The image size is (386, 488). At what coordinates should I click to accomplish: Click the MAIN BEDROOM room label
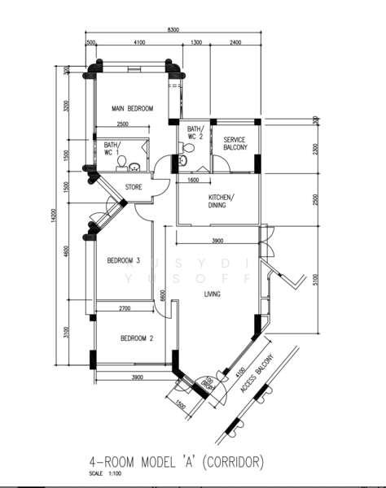pyautogui.click(x=132, y=108)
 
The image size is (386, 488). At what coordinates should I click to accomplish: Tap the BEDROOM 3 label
pyautogui.click(x=125, y=261)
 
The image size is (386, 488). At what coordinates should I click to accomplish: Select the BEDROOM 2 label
pyautogui.click(x=137, y=338)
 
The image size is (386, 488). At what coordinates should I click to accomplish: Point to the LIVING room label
pyautogui.click(x=213, y=295)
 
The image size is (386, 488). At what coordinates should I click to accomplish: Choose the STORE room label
pyautogui.click(x=134, y=187)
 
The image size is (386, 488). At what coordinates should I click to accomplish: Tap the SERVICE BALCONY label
pyautogui.click(x=235, y=144)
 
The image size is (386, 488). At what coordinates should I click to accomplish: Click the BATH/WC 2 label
pyautogui.click(x=195, y=133)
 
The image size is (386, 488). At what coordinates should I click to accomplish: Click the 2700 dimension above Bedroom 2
pyautogui.click(x=125, y=308)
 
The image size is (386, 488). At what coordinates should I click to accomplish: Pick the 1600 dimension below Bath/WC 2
pyautogui.click(x=193, y=180)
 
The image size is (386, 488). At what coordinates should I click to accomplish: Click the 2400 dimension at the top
pyautogui.click(x=235, y=41)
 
